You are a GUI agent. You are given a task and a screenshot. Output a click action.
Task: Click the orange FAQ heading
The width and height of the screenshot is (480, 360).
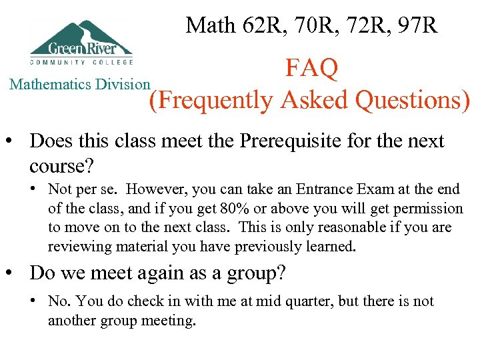312,68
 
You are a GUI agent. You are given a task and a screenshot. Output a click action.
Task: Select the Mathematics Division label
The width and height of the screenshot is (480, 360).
79,84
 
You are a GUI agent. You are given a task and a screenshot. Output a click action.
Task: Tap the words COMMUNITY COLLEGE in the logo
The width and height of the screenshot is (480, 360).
81,62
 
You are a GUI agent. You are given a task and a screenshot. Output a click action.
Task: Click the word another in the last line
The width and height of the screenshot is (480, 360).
73,321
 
